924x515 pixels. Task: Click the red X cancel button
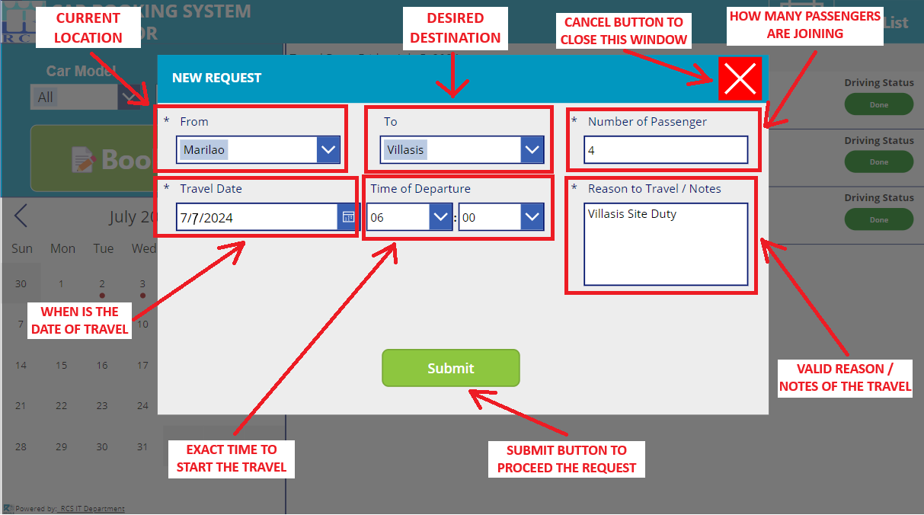click(740, 78)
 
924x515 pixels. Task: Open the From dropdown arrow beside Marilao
click(328, 150)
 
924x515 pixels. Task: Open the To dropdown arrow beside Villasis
click(532, 150)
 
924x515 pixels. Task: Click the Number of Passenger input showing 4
click(665, 150)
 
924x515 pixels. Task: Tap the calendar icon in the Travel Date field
click(347, 217)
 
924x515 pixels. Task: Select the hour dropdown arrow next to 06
click(441, 217)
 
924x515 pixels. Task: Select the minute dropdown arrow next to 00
click(532, 217)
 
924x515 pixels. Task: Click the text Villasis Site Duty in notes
click(631, 214)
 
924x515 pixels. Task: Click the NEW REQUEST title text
click(216, 78)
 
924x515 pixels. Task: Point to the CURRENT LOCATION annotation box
click(88, 28)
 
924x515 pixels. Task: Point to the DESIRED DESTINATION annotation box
click(454, 28)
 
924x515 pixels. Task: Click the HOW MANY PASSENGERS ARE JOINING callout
click(805, 25)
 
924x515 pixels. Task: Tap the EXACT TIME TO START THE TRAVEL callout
click(232, 459)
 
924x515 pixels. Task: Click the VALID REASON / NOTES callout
click(845, 378)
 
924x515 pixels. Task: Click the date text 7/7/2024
click(206, 218)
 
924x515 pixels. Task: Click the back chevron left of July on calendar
click(21, 216)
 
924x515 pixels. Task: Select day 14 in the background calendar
click(21, 365)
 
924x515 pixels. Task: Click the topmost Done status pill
click(878, 104)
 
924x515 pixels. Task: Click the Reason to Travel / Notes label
click(654, 189)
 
